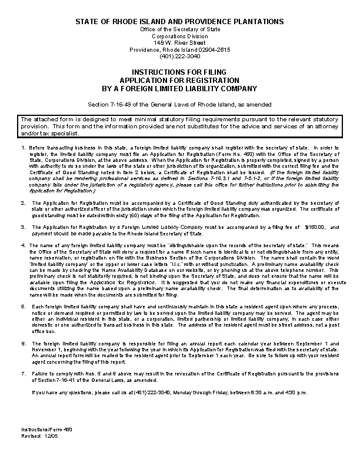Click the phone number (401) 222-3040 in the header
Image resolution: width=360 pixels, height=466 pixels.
[179, 56]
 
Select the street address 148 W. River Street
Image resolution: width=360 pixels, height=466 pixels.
[179, 43]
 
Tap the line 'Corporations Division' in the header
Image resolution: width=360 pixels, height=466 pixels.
[179, 36]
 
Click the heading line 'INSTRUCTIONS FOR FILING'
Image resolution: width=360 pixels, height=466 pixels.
[179, 71]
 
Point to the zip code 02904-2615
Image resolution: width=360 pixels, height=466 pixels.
[214, 49]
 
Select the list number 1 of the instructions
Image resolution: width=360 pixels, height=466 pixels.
[22, 147]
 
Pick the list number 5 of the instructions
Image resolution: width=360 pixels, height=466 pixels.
[22, 307]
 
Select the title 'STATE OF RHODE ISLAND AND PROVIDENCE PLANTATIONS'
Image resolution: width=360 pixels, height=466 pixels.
[179, 22]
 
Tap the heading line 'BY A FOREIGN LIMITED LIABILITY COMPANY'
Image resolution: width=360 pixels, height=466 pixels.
[179, 89]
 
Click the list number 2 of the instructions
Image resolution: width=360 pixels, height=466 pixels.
[22, 202]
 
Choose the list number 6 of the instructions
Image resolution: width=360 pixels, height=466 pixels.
[22, 342]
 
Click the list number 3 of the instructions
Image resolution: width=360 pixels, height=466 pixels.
[22, 227]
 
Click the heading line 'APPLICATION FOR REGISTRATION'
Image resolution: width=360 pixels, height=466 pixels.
[179, 80]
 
